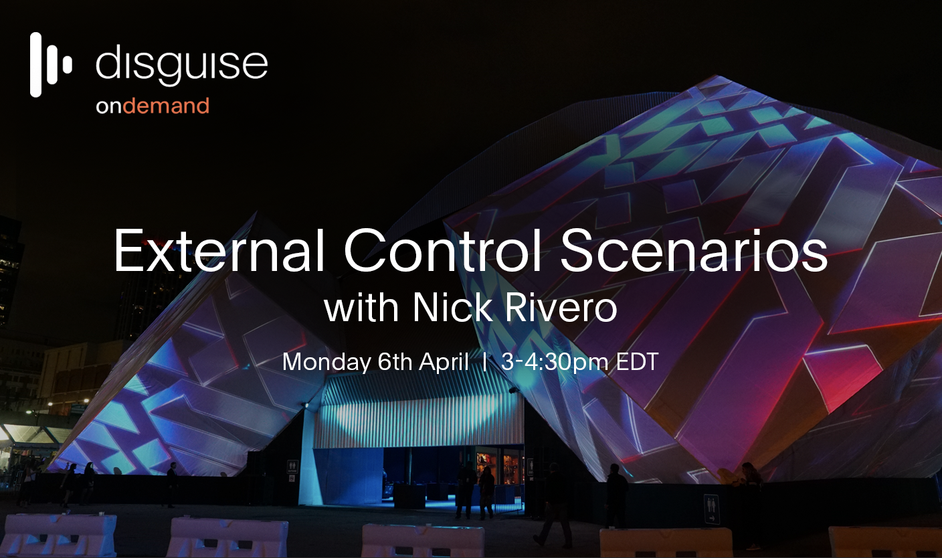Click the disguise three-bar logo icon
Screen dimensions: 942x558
coord(51,65)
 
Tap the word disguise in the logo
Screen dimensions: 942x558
coord(182,64)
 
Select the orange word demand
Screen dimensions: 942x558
coord(166,106)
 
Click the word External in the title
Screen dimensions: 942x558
coord(219,251)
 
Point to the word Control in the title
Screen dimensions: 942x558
coord(442,251)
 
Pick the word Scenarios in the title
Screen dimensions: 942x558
coord(694,251)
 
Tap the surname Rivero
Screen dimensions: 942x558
coord(561,307)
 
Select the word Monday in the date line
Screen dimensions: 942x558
coord(326,362)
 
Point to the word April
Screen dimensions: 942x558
coord(444,362)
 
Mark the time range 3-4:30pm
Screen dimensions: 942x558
coord(555,362)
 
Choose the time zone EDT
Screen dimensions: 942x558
coord(637,361)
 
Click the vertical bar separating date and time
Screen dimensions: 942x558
coord(485,361)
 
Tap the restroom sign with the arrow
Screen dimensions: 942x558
coord(712,509)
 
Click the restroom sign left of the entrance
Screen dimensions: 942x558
coord(292,466)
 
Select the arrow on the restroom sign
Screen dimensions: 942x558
coord(712,519)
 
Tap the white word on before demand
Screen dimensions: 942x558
coord(108,106)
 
